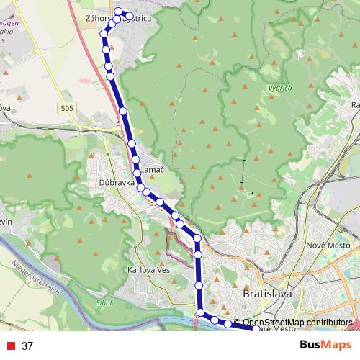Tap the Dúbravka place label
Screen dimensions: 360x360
click(112, 184)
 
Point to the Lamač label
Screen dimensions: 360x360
click(153, 168)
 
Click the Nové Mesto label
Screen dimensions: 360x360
click(328, 246)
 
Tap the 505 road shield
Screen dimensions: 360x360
click(68, 107)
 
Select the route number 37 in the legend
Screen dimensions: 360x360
click(28, 346)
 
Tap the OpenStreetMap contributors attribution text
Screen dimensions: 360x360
click(297, 323)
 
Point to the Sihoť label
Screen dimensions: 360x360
click(105, 304)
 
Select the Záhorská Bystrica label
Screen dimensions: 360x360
click(127, 19)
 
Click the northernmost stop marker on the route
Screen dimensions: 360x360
click(119, 12)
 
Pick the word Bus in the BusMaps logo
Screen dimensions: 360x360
click(312, 345)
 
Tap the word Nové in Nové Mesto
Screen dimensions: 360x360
click(316, 246)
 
